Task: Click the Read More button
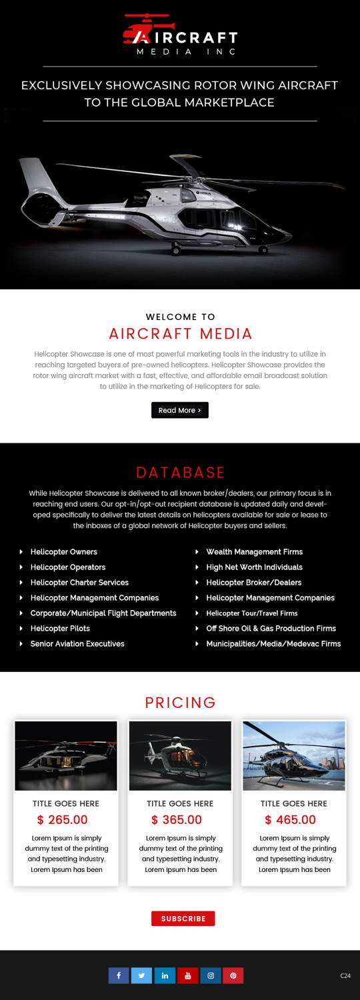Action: point(180,410)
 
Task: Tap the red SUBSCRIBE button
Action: point(183,919)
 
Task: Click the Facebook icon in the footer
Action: point(119,975)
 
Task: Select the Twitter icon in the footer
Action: point(141,975)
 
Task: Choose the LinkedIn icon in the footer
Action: point(165,975)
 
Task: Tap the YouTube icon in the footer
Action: point(187,975)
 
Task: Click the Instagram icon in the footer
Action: point(211,975)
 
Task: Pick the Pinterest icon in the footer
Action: point(233,975)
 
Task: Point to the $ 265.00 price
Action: point(63,820)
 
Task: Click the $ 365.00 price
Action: point(177,820)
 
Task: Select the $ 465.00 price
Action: point(291,820)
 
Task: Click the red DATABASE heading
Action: point(180,473)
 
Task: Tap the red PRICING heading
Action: point(180,703)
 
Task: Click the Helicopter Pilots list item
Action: point(60,629)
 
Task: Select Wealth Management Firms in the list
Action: point(255,552)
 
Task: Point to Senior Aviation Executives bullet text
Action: point(77,644)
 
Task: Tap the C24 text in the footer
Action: point(345,976)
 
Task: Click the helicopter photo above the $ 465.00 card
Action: point(294,756)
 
